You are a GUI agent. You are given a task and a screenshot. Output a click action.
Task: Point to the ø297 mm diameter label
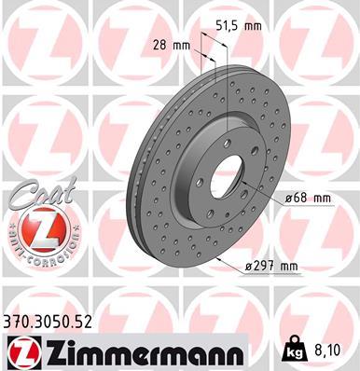270,268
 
